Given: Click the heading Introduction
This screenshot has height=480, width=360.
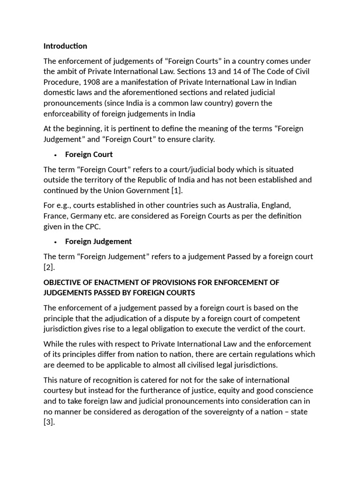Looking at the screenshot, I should click(x=65, y=46).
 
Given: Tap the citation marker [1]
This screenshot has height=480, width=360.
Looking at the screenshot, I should click(x=176, y=190).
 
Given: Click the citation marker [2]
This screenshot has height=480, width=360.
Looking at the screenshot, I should click(x=49, y=267).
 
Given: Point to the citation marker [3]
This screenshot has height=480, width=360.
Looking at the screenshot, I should click(x=49, y=422).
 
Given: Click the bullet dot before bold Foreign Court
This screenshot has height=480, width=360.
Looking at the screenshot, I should click(x=55, y=155).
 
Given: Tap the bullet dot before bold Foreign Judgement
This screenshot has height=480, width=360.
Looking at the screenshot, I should click(x=55, y=242).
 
